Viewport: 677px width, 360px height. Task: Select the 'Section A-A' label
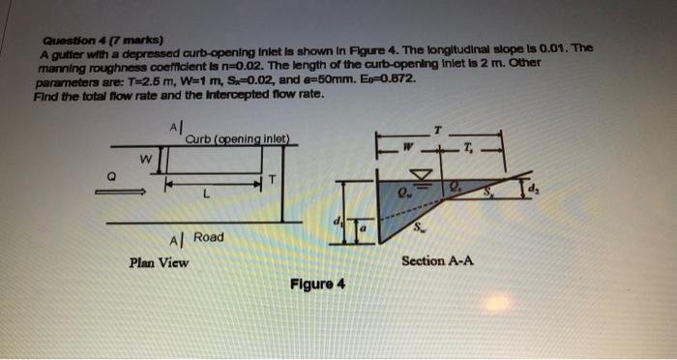[437, 260]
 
